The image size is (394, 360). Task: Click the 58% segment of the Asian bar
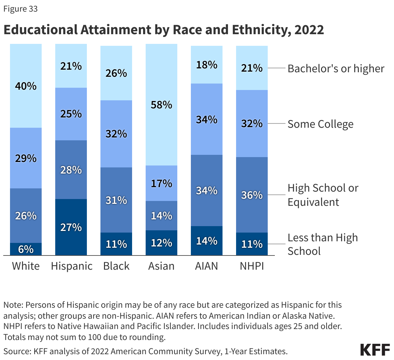[x=161, y=105]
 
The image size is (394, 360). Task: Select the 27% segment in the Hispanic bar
[x=71, y=227]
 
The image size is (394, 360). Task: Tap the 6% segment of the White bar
[x=26, y=249]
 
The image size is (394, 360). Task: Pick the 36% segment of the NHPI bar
[x=252, y=195]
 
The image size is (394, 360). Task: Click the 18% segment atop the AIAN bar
[x=207, y=65]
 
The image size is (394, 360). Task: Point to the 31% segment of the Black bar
[x=116, y=200]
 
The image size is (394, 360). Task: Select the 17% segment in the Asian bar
[x=161, y=183]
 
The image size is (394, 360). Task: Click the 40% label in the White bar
[x=26, y=86]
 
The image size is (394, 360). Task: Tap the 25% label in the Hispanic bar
[x=71, y=114]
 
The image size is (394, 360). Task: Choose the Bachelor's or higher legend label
[x=336, y=68]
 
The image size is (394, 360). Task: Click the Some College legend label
[x=320, y=124]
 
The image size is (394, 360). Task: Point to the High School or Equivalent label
[x=323, y=195]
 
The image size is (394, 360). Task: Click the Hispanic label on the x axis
[x=72, y=266]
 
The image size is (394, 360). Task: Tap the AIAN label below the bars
[x=207, y=266]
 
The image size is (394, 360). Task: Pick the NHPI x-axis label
[x=252, y=266]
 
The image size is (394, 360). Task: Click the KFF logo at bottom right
[x=375, y=350]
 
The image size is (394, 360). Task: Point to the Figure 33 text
[x=20, y=9]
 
